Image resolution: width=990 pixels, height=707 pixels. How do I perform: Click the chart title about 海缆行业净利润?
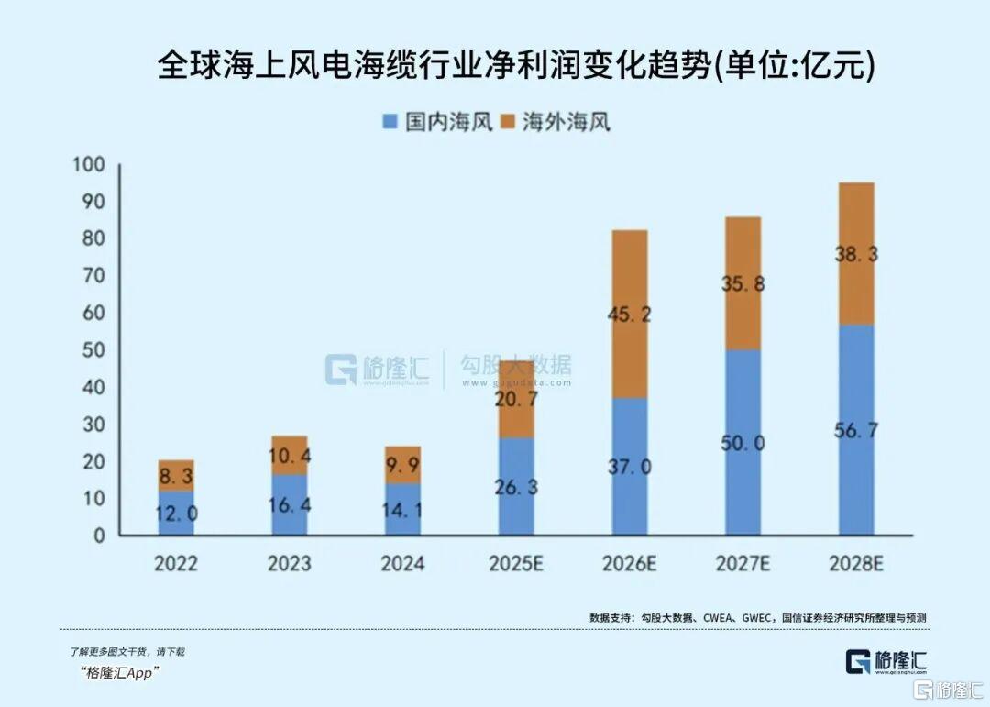coord(515,67)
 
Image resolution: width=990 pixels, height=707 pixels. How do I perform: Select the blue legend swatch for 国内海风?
coord(389,122)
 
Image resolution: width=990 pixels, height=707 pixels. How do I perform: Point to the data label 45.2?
coord(630,315)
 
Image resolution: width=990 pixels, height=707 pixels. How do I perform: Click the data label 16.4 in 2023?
coord(290,504)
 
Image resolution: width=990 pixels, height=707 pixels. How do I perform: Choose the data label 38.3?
coord(856,255)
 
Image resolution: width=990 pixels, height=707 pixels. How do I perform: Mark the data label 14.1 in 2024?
coord(402,509)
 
